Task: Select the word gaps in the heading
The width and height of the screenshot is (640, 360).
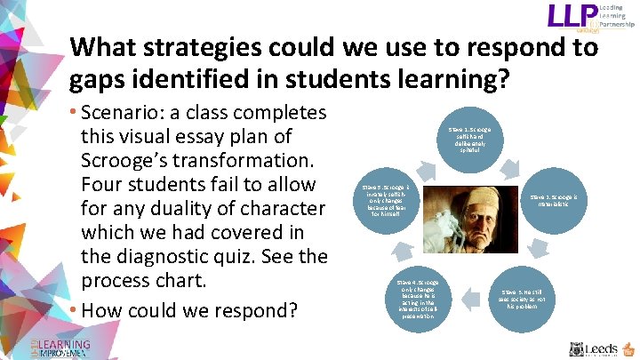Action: [x=100, y=81]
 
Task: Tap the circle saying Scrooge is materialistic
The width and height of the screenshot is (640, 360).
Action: [x=557, y=200]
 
